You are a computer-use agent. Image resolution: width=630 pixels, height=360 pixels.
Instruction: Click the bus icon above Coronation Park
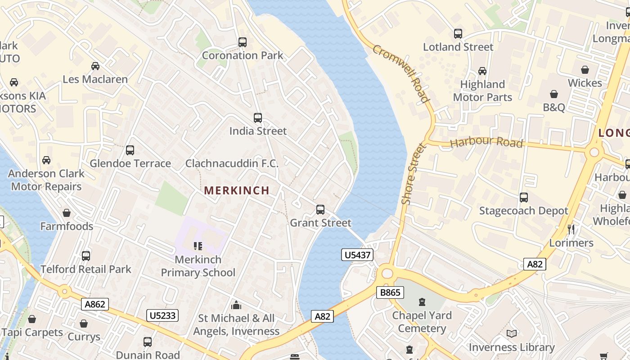pyautogui.click(x=243, y=42)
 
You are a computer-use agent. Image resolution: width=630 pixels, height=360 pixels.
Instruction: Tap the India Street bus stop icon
pyautogui.click(x=258, y=118)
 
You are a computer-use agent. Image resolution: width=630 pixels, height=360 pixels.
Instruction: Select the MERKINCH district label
pyautogui.click(x=237, y=190)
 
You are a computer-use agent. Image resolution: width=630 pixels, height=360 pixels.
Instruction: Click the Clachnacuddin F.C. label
pyautogui.click(x=232, y=163)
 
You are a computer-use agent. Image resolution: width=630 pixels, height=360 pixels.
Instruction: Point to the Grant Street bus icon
pyautogui.click(x=320, y=210)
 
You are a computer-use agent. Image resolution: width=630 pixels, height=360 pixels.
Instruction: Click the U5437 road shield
pyautogui.click(x=357, y=255)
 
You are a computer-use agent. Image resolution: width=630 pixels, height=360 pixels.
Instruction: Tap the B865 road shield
pyautogui.click(x=390, y=292)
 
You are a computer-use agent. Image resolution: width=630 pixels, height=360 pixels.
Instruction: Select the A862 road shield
pyautogui.click(x=95, y=304)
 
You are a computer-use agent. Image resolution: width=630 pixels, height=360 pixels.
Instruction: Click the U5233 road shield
pyautogui.click(x=162, y=315)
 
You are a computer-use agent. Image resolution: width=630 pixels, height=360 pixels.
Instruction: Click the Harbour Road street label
pyautogui.click(x=486, y=142)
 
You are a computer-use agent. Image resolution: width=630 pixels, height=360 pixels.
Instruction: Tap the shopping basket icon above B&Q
pyautogui.click(x=554, y=94)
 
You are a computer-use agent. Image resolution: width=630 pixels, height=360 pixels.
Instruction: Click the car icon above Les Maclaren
pyautogui.click(x=95, y=66)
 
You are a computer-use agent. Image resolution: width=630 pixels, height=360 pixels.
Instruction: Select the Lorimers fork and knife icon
pyautogui.click(x=571, y=229)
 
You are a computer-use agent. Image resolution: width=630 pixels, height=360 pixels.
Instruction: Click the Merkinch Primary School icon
pyautogui.click(x=198, y=246)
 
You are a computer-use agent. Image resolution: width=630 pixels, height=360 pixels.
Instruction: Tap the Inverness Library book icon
pyautogui.click(x=512, y=333)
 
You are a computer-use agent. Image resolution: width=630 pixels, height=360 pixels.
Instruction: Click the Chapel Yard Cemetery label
pyautogui.click(x=422, y=322)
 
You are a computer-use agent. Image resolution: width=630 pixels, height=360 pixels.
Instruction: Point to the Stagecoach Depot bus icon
pyautogui.click(x=524, y=197)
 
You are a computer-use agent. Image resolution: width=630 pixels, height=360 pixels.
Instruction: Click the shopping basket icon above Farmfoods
pyautogui.click(x=67, y=213)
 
